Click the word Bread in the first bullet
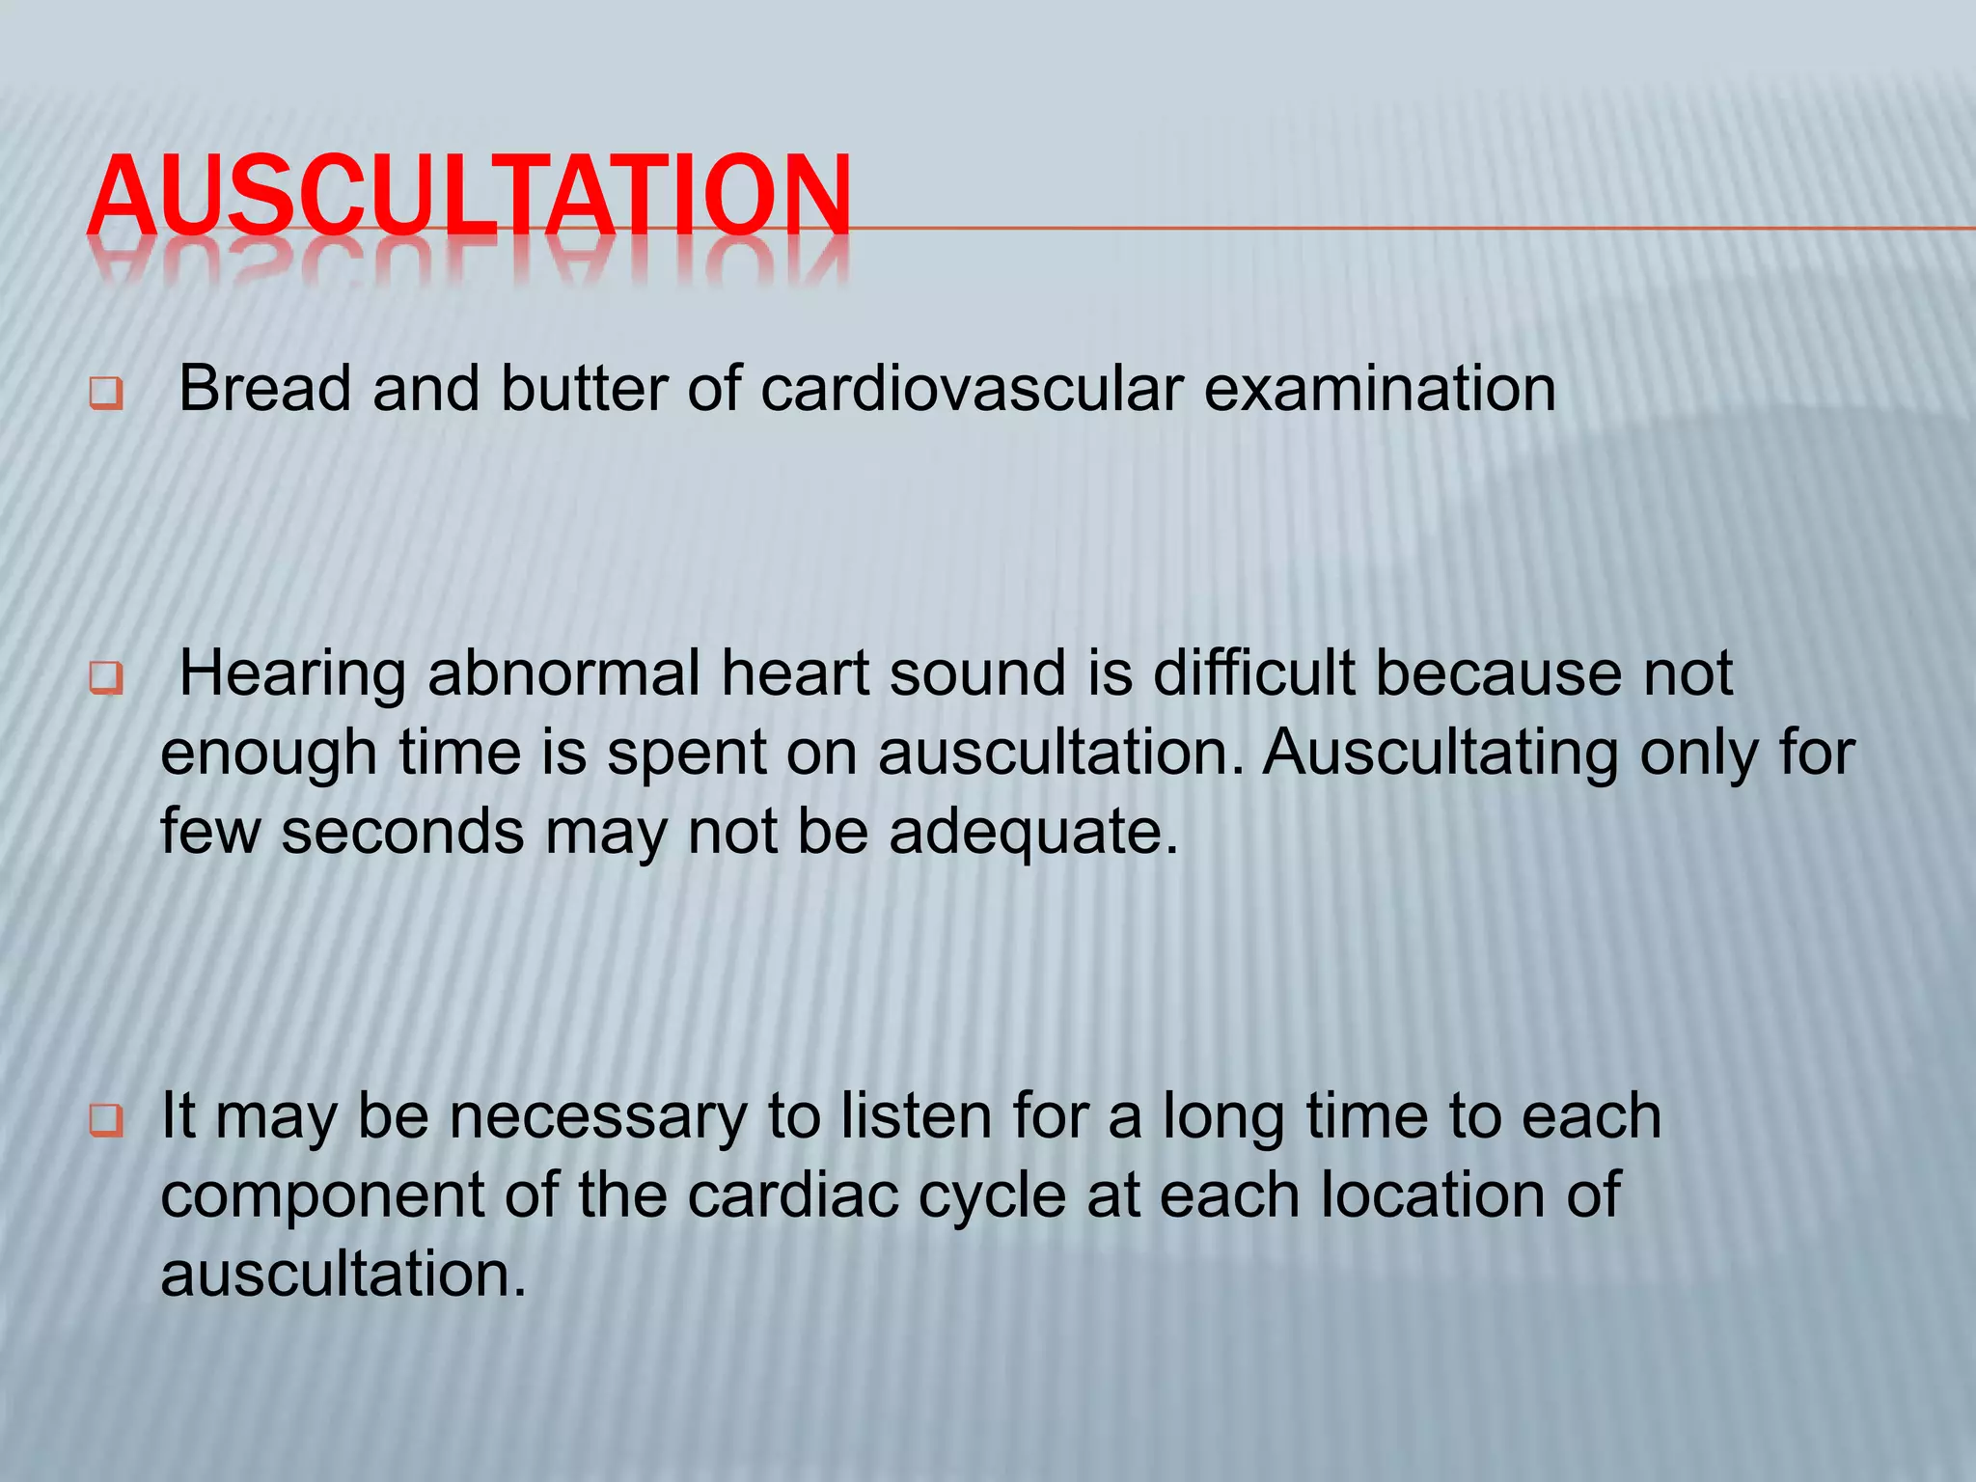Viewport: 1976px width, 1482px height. click(264, 389)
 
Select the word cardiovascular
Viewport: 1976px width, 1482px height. click(972, 389)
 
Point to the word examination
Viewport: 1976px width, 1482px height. click(1380, 389)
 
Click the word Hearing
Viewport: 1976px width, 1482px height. click(292, 674)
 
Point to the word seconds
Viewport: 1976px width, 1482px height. click(402, 831)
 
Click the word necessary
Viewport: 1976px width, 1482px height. click(598, 1116)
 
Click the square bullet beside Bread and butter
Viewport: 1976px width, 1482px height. click(106, 394)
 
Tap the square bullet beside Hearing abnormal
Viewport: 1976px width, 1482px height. click(106, 678)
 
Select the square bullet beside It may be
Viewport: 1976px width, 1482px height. click(106, 1121)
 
